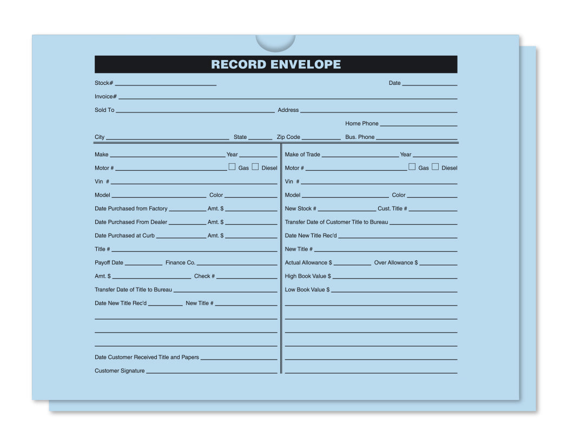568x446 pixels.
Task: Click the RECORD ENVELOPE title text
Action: coord(276,64)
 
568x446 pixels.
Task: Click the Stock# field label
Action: coord(104,83)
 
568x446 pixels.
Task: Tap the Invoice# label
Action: coord(105,97)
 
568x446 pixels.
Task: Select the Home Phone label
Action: coord(362,124)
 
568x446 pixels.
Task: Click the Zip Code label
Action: coord(288,137)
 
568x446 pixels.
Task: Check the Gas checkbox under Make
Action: coord(232,167)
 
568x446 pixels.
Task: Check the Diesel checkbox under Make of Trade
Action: coord(435,167)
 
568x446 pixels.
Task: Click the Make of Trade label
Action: coord(302,155)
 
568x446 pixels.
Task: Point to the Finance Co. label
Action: coord(180,263)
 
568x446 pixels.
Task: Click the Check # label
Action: coord(204,276)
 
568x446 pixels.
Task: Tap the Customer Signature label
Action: coord(120,371)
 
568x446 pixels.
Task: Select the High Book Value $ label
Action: coord(308,276)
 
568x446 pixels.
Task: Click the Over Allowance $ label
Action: coord(396,263)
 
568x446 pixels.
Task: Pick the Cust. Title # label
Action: coord(392,209)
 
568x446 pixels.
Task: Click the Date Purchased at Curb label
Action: coord(124,236)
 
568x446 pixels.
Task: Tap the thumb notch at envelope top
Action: coord(275,42)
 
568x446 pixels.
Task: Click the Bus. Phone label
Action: coord(360,137)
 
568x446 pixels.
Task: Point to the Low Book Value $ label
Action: coord(307,290)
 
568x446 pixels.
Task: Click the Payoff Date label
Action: coord(109,263)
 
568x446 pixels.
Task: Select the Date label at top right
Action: coord(395,83)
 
